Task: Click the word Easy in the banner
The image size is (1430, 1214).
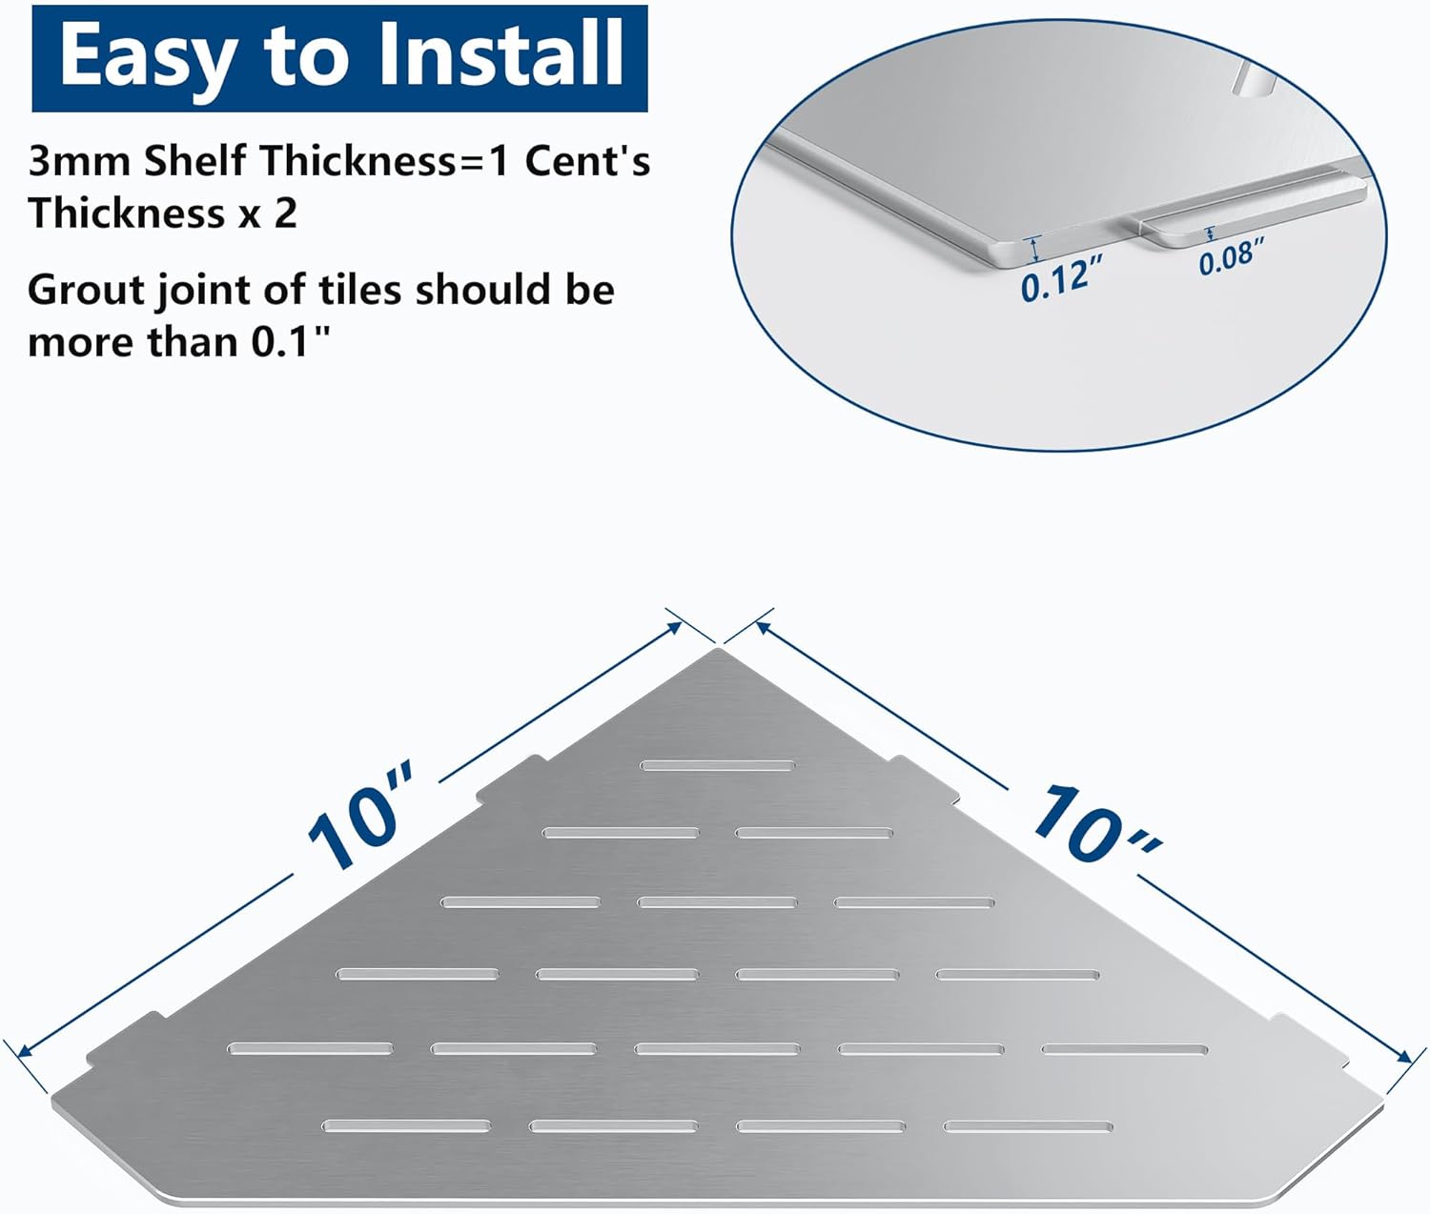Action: point(147,57)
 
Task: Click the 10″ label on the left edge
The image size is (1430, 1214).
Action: point(362,816)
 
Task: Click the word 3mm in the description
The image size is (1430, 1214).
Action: point(79,161)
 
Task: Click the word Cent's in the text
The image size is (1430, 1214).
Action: point(587,161)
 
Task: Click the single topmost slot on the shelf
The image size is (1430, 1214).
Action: point(718,765)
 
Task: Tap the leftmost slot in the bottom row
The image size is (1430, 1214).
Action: point(407,1126)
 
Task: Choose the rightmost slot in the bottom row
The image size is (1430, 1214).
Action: point(1028,1127)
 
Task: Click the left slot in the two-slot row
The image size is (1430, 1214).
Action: point(621,833)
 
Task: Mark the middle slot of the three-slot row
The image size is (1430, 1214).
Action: point(718,902)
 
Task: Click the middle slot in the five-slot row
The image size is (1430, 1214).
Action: point(717,1049)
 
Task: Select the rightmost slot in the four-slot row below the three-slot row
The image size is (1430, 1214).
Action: point(1017,975)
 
